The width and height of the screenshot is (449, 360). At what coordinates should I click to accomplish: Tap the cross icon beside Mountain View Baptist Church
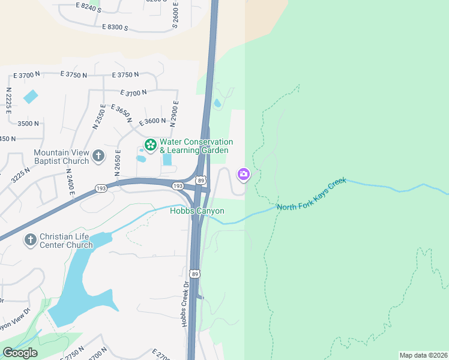98,157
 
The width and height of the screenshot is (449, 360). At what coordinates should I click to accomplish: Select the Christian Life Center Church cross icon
29,240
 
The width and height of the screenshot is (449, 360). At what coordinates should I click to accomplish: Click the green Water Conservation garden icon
150,145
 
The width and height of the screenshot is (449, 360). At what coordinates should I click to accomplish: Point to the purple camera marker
244,175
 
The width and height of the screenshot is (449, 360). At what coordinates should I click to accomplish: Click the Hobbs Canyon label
197,211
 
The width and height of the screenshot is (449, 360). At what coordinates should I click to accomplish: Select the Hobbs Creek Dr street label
185,304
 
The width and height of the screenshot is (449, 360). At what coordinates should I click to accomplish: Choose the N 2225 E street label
8,100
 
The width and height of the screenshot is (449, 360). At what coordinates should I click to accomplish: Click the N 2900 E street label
174,113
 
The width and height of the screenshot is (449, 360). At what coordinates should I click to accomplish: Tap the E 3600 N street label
152,121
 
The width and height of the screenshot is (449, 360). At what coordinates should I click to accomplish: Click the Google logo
20,353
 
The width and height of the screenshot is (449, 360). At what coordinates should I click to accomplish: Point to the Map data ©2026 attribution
423,355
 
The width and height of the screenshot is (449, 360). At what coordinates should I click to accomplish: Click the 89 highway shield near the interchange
200,180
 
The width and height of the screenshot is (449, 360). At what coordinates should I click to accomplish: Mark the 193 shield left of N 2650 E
100,189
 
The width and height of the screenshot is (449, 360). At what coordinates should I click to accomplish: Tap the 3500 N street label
28,124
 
